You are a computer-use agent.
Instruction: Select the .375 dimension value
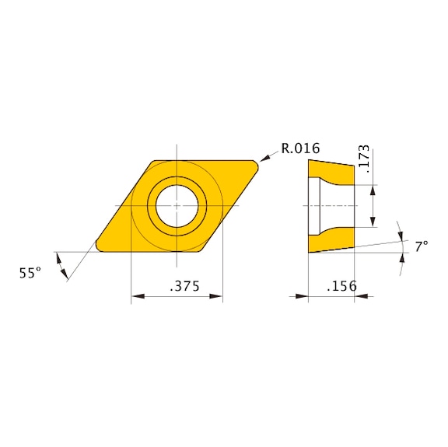click(184, 286)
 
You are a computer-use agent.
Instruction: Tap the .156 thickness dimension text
click(341, 286)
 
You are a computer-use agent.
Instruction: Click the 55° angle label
click(30, 273)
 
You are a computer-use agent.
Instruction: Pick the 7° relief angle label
click(421, 246)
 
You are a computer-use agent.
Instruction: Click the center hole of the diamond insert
click(177, 205)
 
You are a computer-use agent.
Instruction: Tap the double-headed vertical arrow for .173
click(373, 206)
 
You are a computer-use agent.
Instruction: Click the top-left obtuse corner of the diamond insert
click(152, 161)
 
